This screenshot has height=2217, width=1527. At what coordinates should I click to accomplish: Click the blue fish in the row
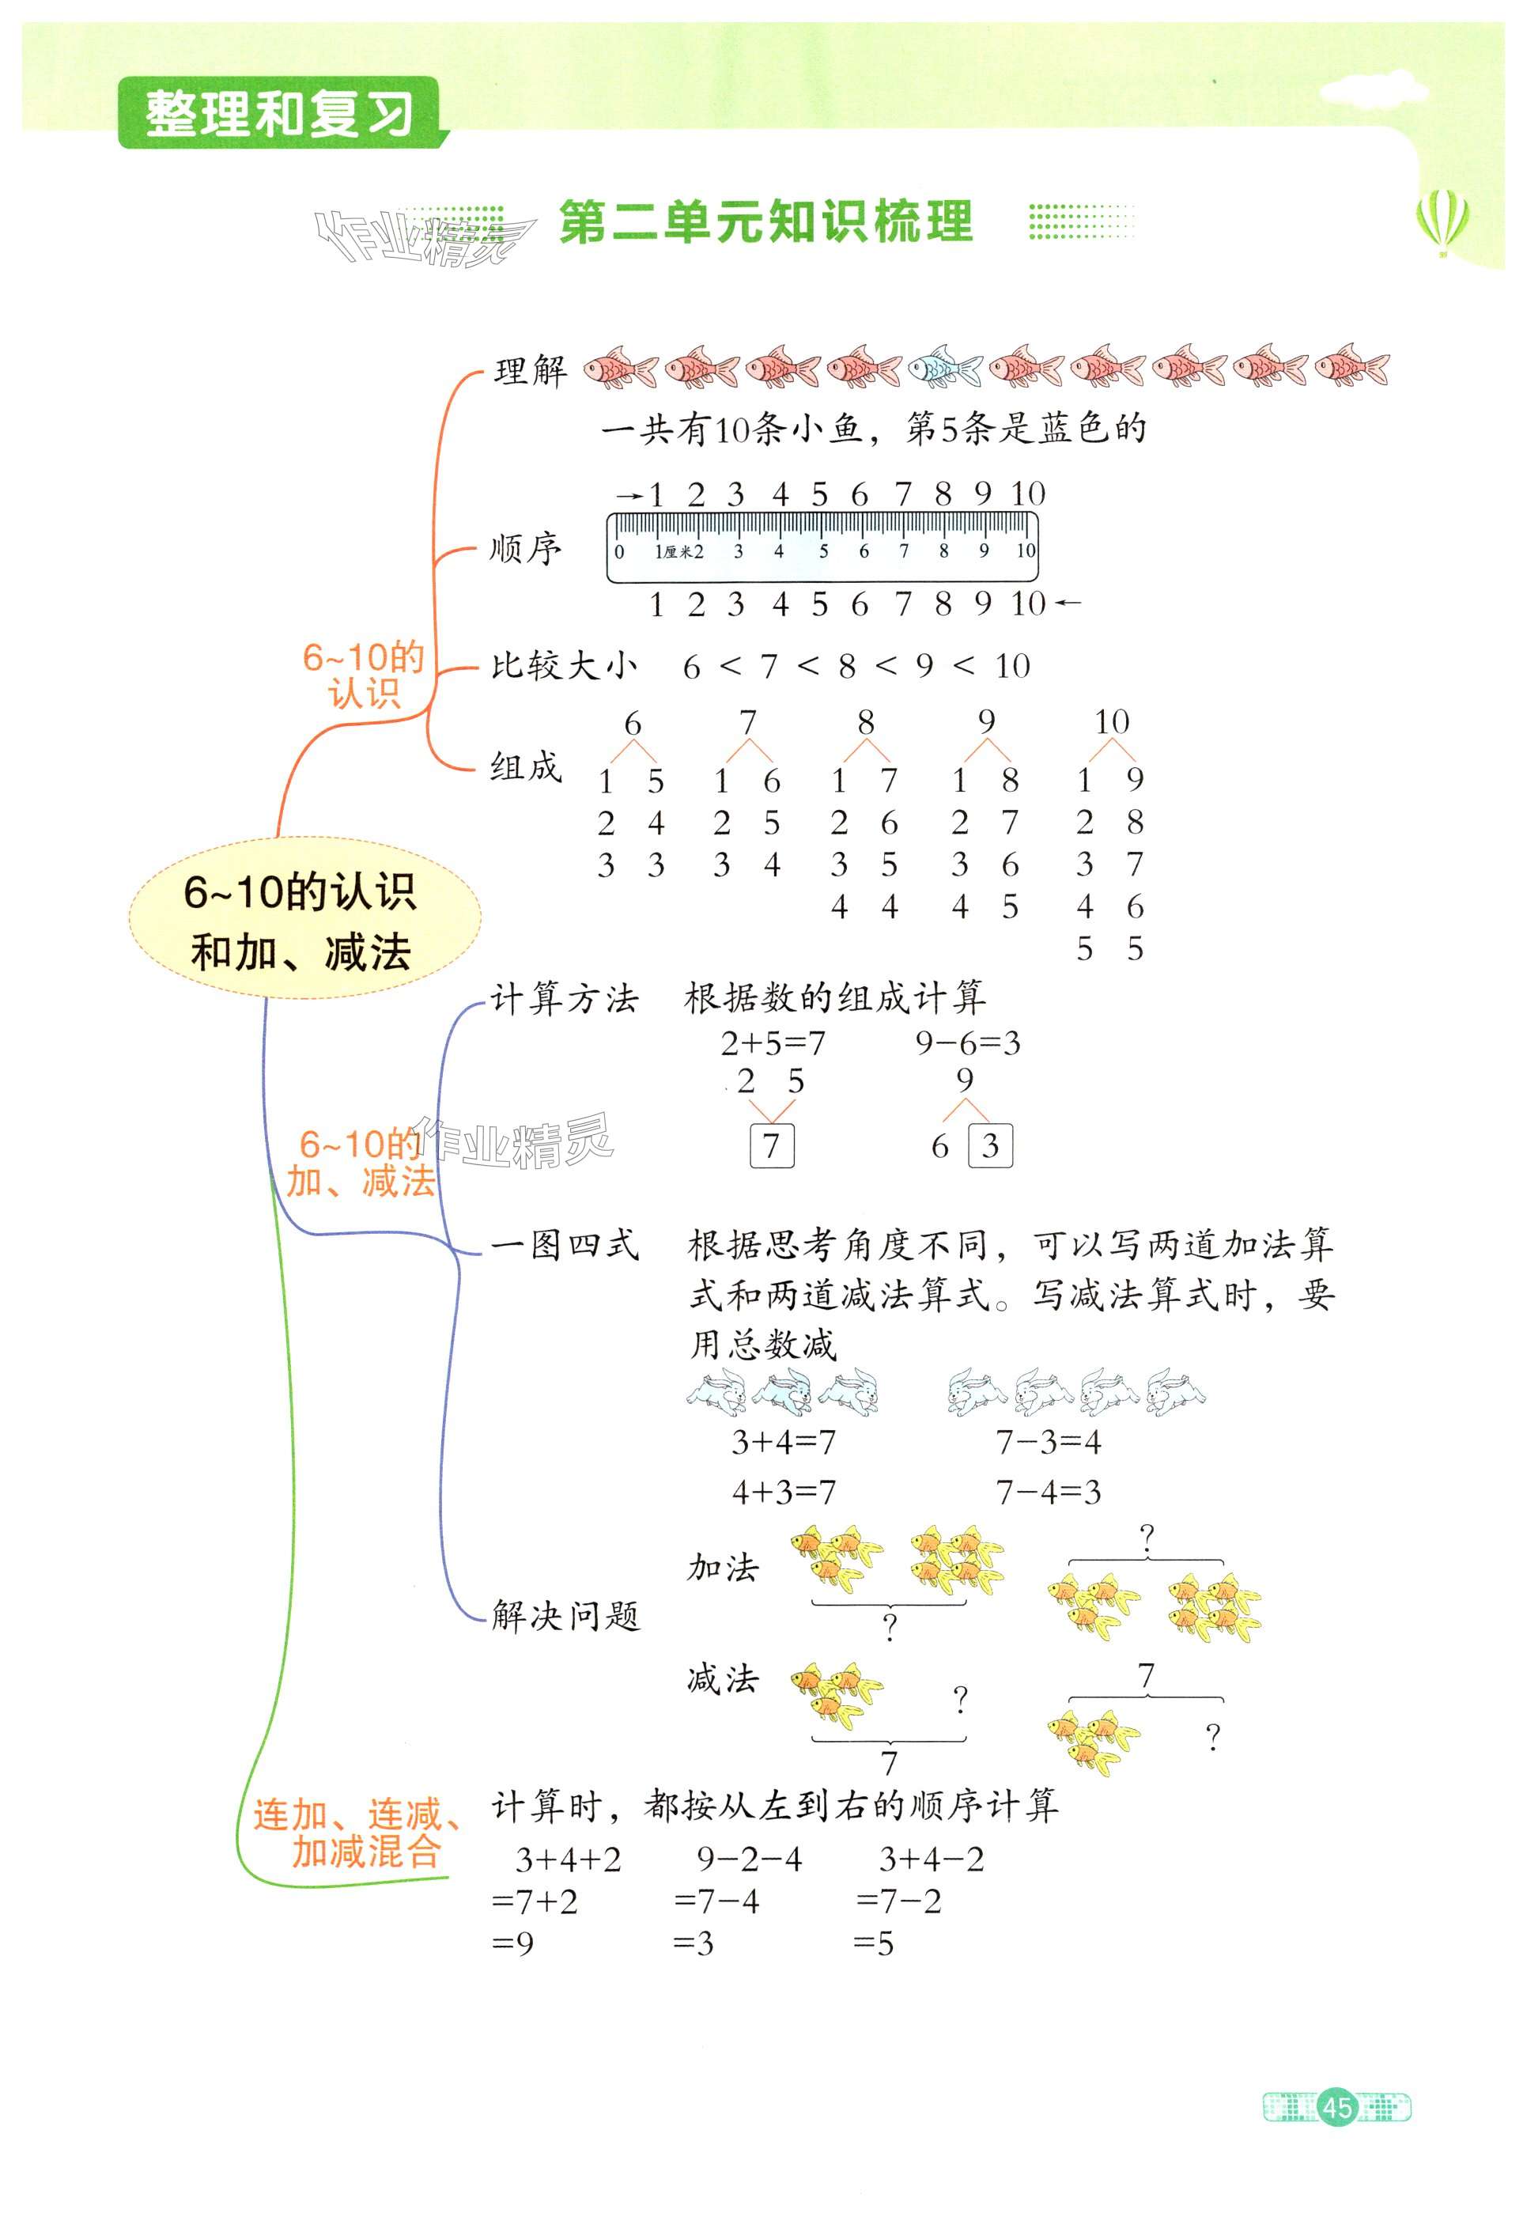[x=943, y=366]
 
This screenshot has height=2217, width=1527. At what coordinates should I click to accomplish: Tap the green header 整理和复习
[x=278, y=113]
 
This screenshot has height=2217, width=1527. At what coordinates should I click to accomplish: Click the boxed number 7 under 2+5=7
[x=771, y=1145]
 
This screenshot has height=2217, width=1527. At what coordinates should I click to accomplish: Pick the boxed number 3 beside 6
[x=990, y=1145]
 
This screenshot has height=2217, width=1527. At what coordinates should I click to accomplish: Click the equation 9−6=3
[x=967, y=1043]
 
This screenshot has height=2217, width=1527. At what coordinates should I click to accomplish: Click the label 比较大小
[x=564, y=666]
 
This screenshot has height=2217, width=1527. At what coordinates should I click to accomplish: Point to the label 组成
[x=525, y=766]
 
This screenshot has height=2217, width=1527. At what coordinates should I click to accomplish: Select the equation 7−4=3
[x=1049, y=1491]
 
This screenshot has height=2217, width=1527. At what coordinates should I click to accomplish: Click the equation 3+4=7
[x=783, y=1441]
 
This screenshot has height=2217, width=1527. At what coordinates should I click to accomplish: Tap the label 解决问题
[x=565, y=1616]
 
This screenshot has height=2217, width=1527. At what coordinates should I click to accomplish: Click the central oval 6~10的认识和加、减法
[x=304, y=920]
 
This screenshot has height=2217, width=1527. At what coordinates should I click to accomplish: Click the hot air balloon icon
[x=1442, y=220]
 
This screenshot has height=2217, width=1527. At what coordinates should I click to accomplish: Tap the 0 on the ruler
[x=619, y=552]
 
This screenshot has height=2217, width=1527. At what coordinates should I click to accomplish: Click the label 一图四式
[x=565, y=1245]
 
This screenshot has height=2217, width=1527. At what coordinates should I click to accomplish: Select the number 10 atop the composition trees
[x=1111, y=721]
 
